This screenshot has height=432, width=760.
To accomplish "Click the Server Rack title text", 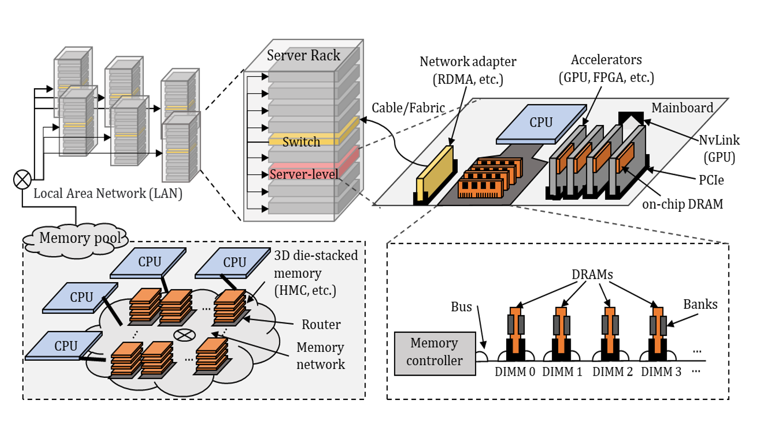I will pyautogui.click(x=303, y=55).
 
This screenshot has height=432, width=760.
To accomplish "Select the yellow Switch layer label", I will pyautogui.click(x=301, y=142).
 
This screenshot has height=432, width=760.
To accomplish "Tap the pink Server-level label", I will pyautogui.click(x=304, y=174).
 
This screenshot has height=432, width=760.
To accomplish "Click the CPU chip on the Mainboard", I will pyautogui.click(x=541, y=123).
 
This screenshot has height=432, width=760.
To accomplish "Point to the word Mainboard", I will pyautogui.click(x=682, y=108).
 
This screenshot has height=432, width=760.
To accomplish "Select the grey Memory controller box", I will pyautogui.click(x=434, y=352).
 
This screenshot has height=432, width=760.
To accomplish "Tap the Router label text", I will pyautogui.click(x=321, y=324).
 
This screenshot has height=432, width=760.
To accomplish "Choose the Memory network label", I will pyautogui.click(x=320, y=356).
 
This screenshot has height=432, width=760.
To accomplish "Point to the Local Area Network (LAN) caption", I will pyautogui.click(x=108, y=193).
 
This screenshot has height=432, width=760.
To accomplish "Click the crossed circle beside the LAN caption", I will pyautogui.click(x=22, y=180).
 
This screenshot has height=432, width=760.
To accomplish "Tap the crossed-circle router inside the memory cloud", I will pyautogui.click(x=184, y=335).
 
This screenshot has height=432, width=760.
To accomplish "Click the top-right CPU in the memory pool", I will pyautogui.click(x=234, y=262).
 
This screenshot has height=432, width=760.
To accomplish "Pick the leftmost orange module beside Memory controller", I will pyautogui.click(x=515, y=330).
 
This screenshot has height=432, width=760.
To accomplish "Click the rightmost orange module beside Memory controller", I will pyautogui.click(x=658, y=330).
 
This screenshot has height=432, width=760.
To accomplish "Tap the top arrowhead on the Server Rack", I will pyautogui.click(x=264, y=77).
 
